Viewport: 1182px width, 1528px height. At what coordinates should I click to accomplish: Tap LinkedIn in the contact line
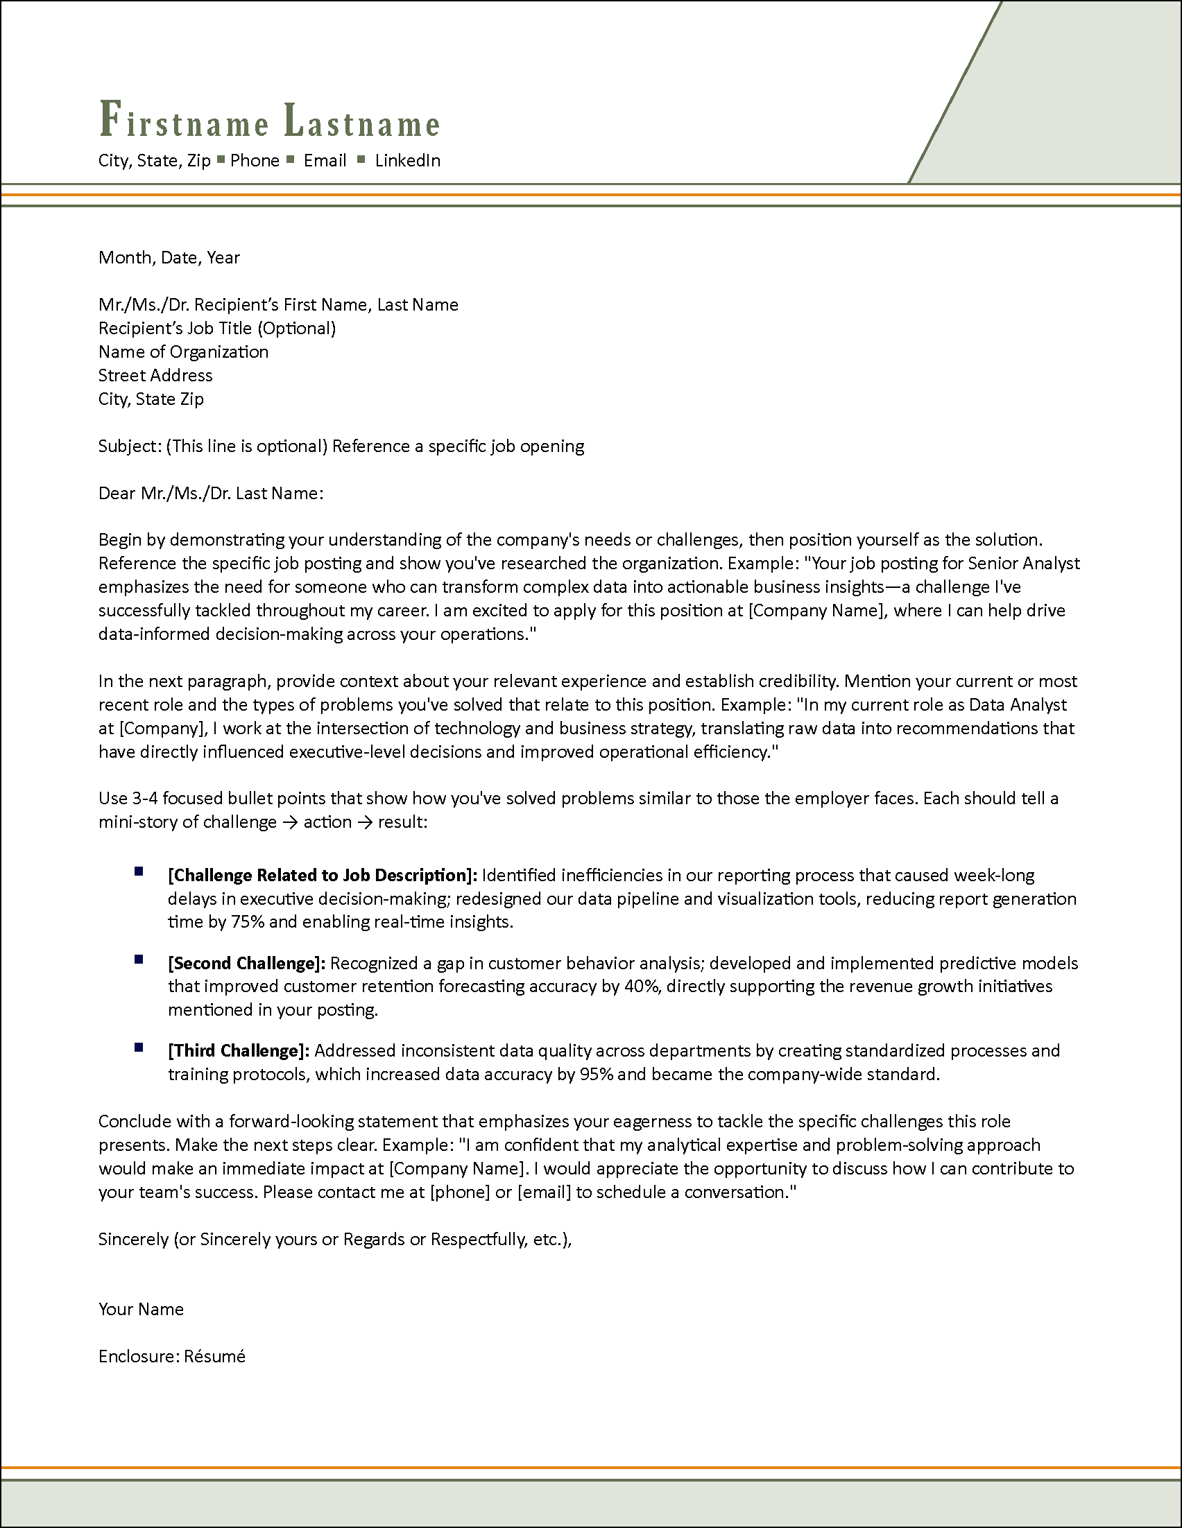(x=407, y=161)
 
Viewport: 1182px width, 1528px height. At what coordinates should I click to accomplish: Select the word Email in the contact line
(x=325, y=161)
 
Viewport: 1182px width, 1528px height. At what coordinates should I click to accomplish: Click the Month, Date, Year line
(x=169, y=257)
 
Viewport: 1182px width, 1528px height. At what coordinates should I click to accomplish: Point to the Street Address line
(x=155, y=376)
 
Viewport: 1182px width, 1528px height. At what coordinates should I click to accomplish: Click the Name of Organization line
(x=182, y=352)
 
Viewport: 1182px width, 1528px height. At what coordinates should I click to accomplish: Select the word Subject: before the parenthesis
(x=130, y=446)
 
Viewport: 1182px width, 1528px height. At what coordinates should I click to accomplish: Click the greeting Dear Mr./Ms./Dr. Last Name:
(x=211, y=494)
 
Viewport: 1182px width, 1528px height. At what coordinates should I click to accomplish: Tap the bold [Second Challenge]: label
(x=246, y=964)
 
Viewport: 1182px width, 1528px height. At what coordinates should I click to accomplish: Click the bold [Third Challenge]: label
(x=238, y=1051)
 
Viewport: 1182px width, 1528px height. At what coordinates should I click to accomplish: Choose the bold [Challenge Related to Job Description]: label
(x=323, y=875)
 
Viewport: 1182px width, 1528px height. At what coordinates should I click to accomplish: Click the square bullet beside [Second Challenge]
(x=139, y=960)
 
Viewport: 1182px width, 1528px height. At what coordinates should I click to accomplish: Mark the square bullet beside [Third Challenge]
(x=139, y=1048)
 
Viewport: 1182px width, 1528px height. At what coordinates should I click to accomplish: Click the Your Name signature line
(x=141, y=1310)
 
